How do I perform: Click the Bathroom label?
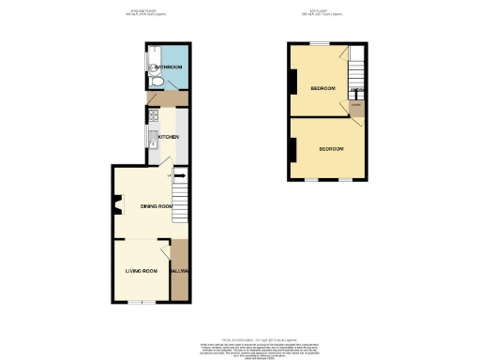(x=169, y=67)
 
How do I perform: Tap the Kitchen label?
(x=169, y=137)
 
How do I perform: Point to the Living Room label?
(x=142, y=272)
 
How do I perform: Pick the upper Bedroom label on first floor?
(x=323, y=88)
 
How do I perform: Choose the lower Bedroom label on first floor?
(x=331, y=149)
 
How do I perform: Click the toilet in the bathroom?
(x=159, y=82)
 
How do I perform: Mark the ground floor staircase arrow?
(x=179, y=174)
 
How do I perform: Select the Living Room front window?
(x=141, y=302)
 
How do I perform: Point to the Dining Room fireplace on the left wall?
(x=116, y=205)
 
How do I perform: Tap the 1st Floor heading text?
(x=324, y=13)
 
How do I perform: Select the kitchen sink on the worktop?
(x=151, y=142)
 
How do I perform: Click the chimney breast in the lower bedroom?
(x=293, y=149)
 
